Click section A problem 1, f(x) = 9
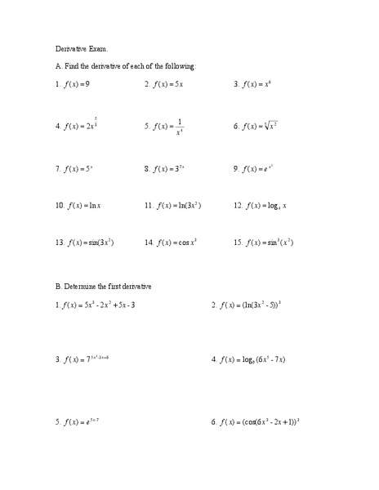73,84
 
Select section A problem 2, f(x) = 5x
164,84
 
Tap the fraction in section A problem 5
179,126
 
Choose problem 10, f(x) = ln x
78,205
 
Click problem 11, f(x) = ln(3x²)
173,205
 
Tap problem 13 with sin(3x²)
85,243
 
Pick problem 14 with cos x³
172,243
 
